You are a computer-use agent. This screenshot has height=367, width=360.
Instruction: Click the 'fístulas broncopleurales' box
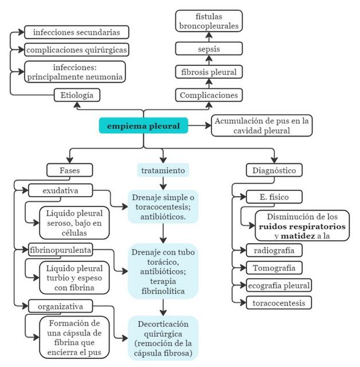coord(208,21)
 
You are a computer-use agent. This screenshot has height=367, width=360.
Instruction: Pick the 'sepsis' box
coord(208,49)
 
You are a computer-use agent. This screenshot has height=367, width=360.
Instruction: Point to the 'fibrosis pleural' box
coord(208,72)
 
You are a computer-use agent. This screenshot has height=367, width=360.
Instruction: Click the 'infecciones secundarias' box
coord(76,32)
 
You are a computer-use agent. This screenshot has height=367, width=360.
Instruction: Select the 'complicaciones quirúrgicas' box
coord(76,49)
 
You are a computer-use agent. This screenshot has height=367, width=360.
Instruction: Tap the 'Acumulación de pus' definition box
coord(261,126)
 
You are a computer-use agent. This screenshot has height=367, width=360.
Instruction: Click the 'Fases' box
coord(70,170)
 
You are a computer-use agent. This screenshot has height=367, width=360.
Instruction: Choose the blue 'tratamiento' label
coord(163,170)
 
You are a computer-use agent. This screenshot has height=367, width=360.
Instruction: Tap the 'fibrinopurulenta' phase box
coord(60,249)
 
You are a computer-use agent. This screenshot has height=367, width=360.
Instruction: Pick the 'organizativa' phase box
coord(60,306)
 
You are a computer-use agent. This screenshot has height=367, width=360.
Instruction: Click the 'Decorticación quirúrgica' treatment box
coord(163,338)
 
